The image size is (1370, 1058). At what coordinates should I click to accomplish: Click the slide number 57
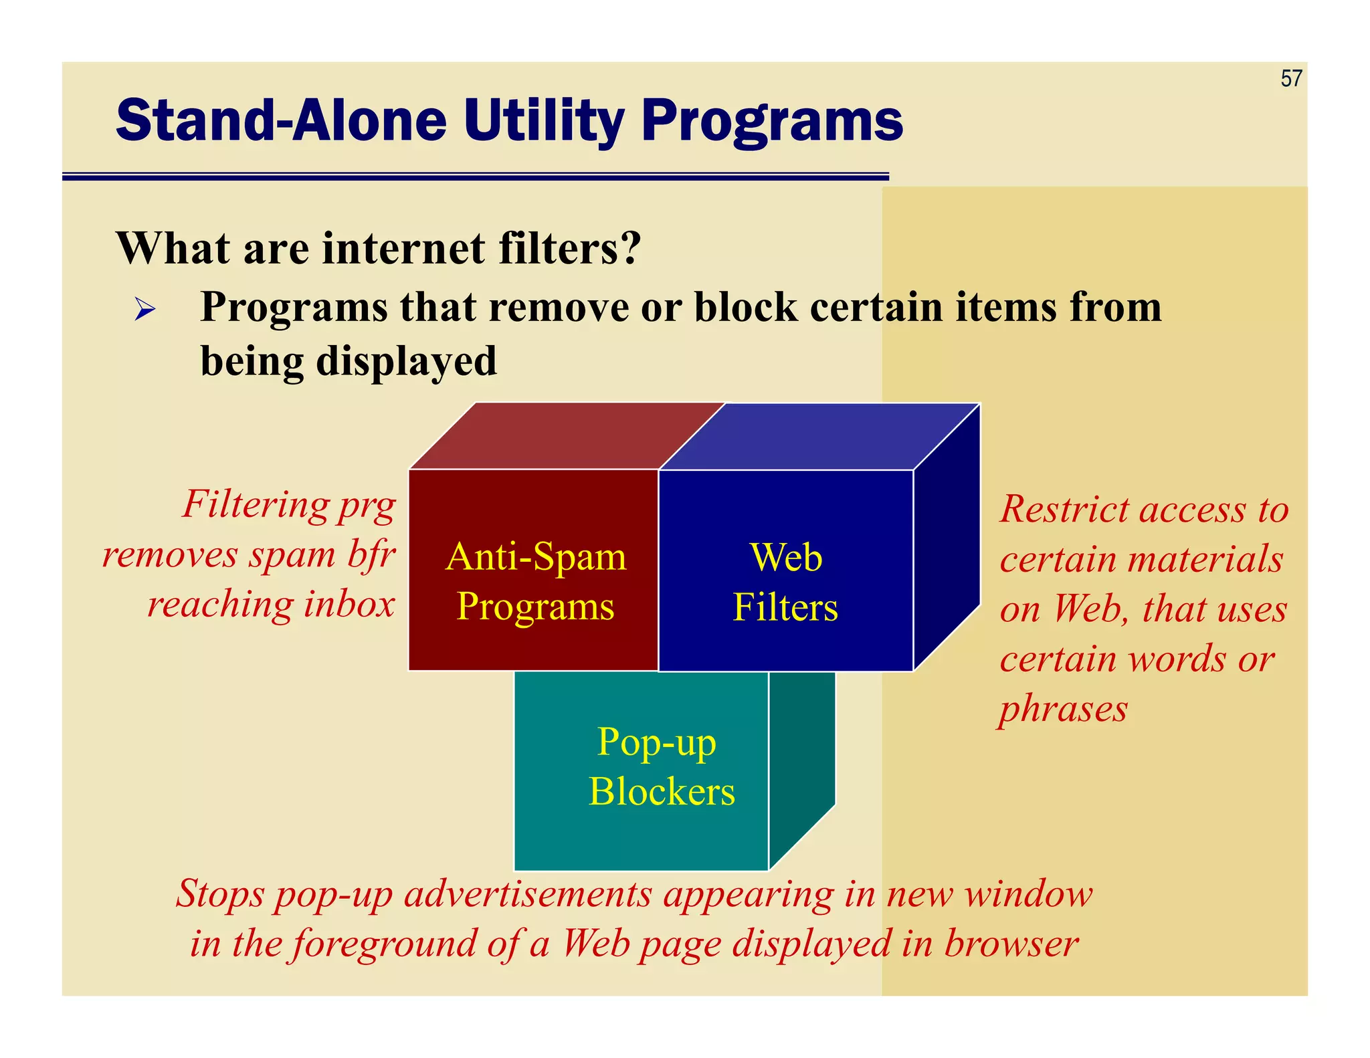click(x=1291, y=79)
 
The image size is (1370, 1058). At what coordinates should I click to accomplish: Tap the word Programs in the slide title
click(x=772, y=122)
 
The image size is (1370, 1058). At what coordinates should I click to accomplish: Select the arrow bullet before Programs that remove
click(x=144, y=310)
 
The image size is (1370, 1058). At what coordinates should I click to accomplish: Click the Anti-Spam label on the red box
click(x=536, y=556)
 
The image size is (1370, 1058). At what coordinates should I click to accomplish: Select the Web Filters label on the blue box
click(x=785, y=582)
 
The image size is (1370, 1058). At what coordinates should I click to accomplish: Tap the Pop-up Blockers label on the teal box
click(x=660, y=766)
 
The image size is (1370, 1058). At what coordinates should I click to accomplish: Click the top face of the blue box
click(x=809, y=436)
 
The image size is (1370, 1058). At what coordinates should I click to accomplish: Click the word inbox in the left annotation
click(x=349, y=604)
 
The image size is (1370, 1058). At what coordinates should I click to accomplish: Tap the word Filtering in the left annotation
click(x=255, y=504)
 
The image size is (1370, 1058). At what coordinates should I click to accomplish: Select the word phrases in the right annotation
click(x=1063, y=710)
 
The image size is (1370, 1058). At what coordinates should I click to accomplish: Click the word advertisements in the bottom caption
click(x=528, y=893)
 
